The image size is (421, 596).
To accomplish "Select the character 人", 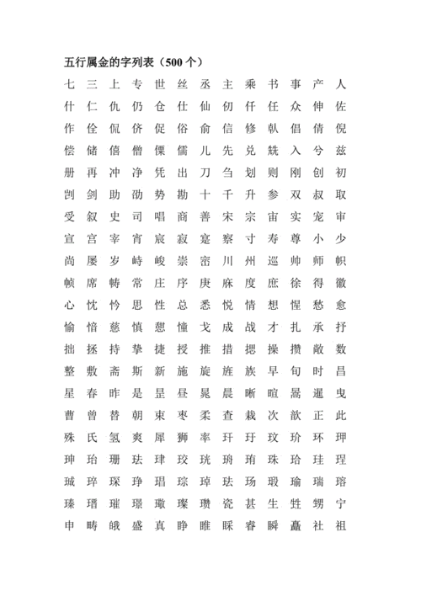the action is tap(340, 85).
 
